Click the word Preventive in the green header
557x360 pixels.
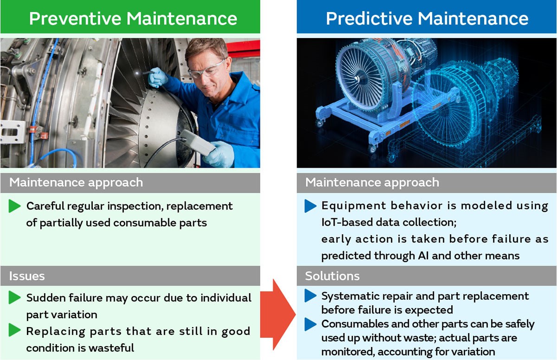click(x=75, y=19)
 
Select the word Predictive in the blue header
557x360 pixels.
click(x=369, y=19)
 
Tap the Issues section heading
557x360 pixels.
click(x=27, y=276)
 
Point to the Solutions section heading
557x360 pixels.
click(x=332, y=276)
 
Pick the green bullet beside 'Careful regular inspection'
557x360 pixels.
click(x=15, y=206)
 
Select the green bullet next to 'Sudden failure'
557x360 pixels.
click(x=15, y=297)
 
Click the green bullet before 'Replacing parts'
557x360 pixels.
click(x=15, y=330)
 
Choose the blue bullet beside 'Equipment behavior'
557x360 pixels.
click(x=311, y=206)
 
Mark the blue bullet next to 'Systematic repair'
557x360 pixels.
click(x=311, y=295)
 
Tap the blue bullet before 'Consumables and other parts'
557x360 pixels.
click(x=311, y=324)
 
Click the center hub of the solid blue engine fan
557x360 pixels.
click(x=356, y=79)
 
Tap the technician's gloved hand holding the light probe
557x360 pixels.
click(x=158, y=78)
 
